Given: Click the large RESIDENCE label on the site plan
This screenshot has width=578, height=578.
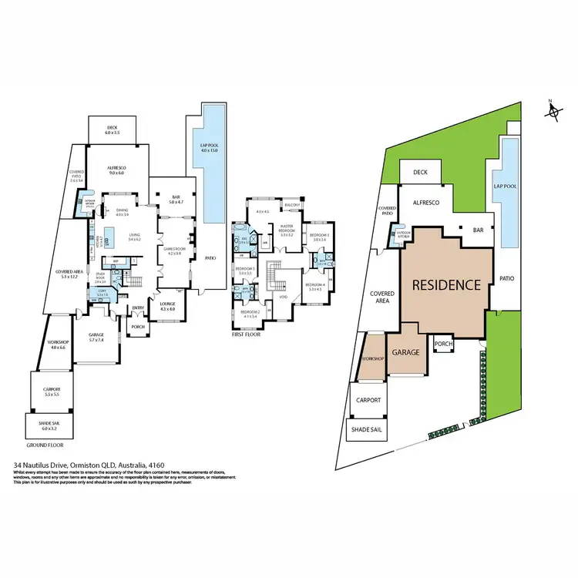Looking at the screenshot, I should point(447,284).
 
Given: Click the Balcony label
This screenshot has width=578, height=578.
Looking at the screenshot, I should point(291,205).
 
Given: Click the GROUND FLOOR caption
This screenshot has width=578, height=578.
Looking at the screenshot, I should point(45,445).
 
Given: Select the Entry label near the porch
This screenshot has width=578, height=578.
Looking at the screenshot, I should point(139,309).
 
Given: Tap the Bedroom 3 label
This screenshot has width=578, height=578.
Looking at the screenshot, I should point(320,237).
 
